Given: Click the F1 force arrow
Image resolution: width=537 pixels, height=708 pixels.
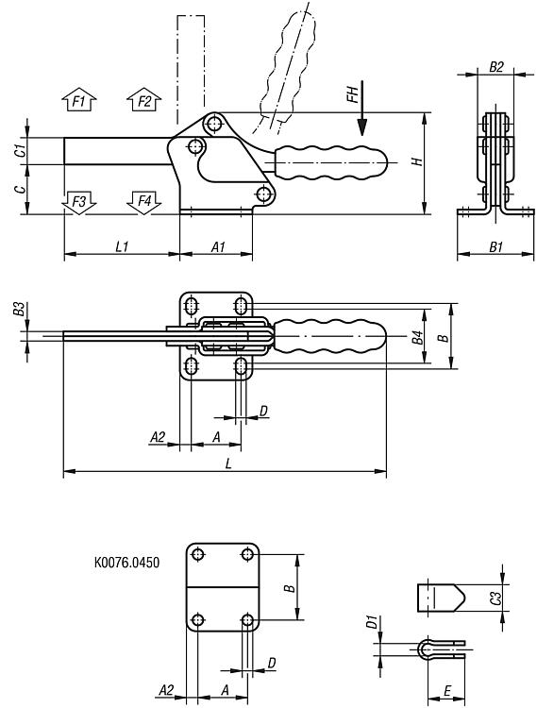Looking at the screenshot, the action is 79,99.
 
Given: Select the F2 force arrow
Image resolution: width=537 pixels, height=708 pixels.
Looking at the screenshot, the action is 144,99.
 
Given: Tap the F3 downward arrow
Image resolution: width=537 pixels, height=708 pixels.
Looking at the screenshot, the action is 79,202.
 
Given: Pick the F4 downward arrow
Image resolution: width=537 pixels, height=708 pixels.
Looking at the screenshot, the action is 144,202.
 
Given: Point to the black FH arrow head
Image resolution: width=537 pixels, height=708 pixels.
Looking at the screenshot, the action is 361,126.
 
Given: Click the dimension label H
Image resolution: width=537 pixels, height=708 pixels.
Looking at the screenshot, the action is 418,161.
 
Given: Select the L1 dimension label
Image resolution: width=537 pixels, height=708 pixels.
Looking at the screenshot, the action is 122,246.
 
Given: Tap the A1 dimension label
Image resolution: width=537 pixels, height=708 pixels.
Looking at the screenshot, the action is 218,246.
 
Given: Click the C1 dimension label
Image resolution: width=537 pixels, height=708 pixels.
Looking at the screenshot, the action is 19,151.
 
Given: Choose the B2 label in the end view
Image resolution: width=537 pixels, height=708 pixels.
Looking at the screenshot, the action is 495,67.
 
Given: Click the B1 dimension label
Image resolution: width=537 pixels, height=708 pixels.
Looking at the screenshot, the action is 495,246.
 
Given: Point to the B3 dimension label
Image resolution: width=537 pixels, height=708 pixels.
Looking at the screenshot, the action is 19,310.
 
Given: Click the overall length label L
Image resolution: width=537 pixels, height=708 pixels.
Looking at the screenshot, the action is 228,464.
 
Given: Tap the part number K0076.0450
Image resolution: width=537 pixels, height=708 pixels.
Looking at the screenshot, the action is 126,563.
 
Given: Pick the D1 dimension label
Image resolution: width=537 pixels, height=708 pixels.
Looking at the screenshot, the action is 372,622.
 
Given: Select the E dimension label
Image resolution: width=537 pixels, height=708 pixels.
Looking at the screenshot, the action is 446,690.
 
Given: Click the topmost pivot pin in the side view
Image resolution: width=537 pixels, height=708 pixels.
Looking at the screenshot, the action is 214,123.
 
